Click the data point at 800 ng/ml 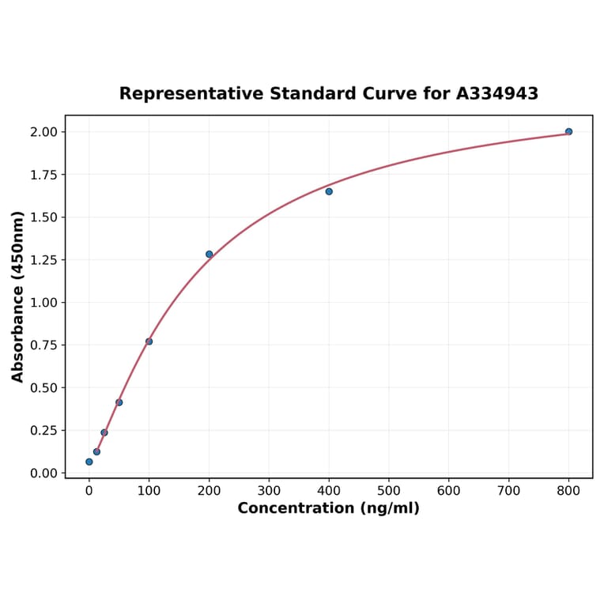[x=568, y=131]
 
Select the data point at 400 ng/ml [x=329, y=191]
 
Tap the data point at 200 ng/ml [x=210, y=254]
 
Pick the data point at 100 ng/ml [x=149, y=342]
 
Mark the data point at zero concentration [x=89, y=462]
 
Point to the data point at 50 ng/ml [x=119, y=402]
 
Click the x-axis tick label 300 [x=269, y=491]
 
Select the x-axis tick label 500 [x=389, y=491]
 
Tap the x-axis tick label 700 [x=508, y=491]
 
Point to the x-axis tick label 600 [x=449, y=491]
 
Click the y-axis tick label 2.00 [x=44, y=132]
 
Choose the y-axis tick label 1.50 [x=44, y=217]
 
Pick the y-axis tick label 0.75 [x=44, y=345]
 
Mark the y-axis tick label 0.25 [x=44, y=430]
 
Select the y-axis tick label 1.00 [x=44, y=303]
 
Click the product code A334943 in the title [x=497, y=94]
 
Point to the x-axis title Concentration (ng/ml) [x=329, y=508]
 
